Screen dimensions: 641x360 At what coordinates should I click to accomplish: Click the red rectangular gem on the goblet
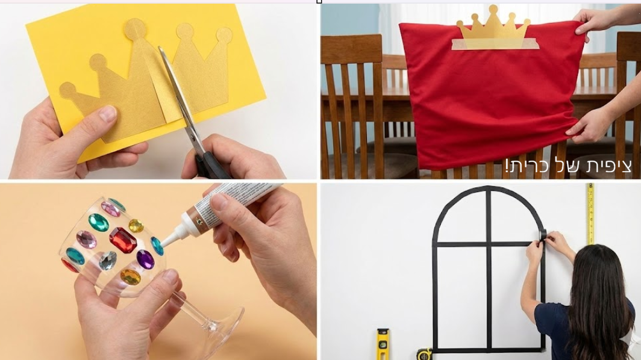coord(123,240)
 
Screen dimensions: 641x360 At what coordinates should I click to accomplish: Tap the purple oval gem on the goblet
coord(145,259)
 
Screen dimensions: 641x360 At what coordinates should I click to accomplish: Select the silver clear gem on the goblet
coord(108,261)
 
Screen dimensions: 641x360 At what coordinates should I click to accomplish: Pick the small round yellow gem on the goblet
coord(136,225)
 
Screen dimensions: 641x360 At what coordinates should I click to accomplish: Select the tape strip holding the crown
coord(495,44)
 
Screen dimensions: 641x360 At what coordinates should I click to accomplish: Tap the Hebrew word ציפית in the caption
coord(609,166)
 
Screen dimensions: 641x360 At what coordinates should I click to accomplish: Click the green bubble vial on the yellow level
coord(383,344)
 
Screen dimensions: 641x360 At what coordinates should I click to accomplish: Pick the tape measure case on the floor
coord(425,354)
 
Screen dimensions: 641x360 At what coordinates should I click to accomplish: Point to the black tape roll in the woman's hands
coord(542,235)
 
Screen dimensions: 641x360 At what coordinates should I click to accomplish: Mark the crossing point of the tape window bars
coord(489,244)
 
